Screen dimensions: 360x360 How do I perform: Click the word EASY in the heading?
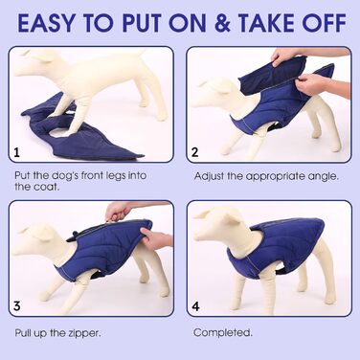(x=46, y=23)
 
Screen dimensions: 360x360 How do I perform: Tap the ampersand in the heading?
(x=222, y=23)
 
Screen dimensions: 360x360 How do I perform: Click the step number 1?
(x=16, y=152)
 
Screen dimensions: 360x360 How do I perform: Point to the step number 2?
(x=194, y=152)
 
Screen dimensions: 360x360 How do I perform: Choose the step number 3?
(x=16, y=306)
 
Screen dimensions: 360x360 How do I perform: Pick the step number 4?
(x=195, y=306)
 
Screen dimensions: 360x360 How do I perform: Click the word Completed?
(x=223, y=332)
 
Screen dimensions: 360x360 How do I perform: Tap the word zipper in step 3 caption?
(x=84, y=334)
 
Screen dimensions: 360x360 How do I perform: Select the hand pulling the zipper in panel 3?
(x=117, y=212)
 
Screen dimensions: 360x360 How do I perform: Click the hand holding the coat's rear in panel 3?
(x=155, y=238)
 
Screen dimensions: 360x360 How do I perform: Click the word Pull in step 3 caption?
(x=24, y=333)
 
